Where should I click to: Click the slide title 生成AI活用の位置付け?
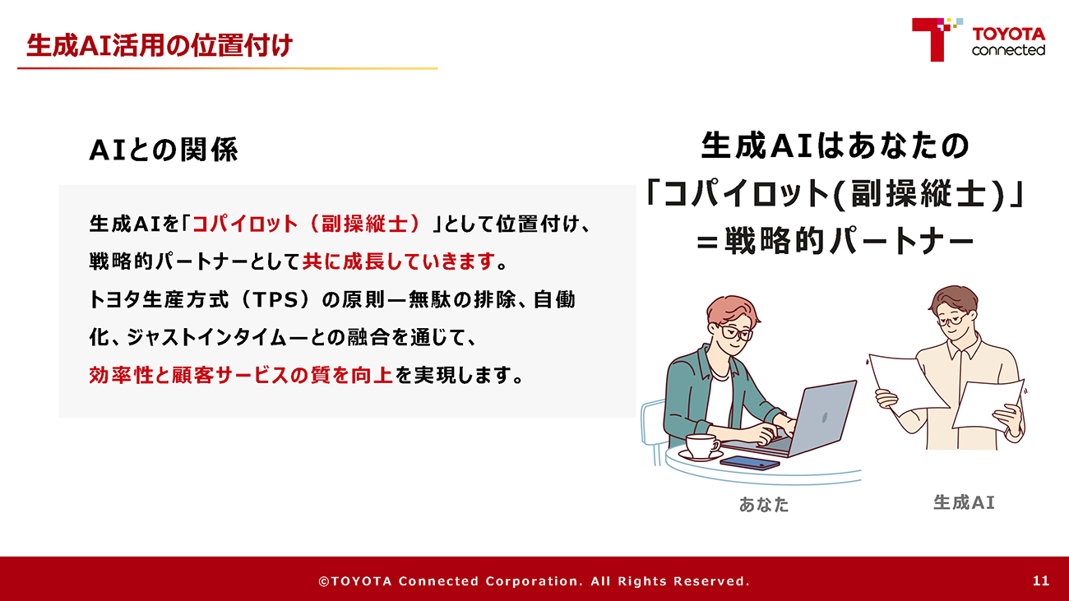[160, 46]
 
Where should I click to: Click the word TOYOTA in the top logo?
[1008, 35]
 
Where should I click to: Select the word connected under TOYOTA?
[1008, 50]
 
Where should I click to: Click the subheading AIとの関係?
[163, 150]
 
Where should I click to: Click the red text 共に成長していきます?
[400, 261]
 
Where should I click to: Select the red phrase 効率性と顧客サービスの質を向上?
[241, 376]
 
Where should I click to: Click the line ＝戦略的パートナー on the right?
[835, 242]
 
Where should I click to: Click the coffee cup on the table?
[702, 447]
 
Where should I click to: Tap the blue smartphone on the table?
[750, 463]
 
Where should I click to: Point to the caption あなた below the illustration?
[764, 505]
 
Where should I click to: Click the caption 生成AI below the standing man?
[964, 502]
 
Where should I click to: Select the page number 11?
[1041, 580]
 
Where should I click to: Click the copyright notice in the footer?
[534, 581]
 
